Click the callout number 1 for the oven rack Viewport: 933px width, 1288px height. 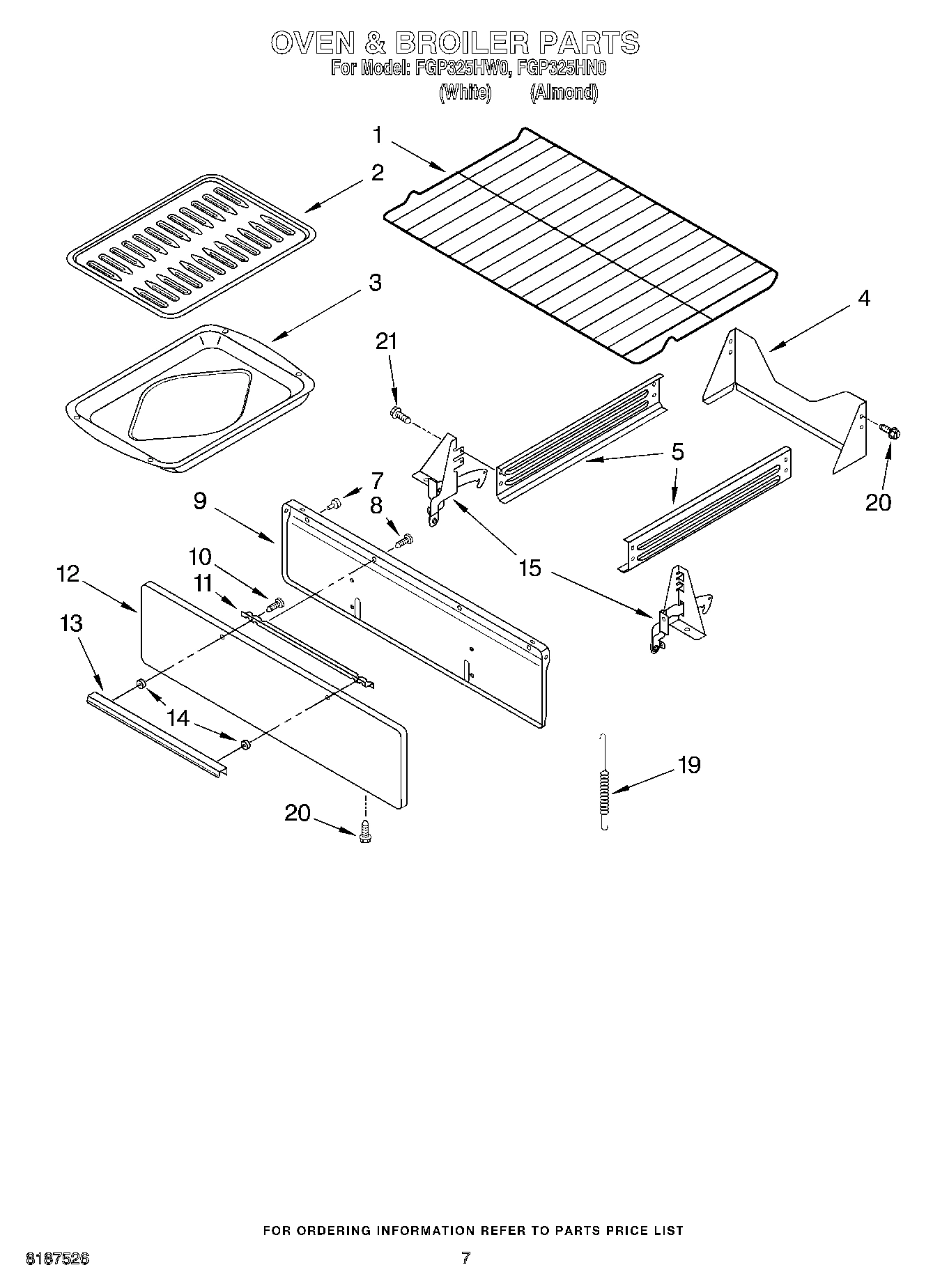pyautogui.click(x=377, y=134)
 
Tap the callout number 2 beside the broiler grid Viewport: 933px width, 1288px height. pyautogui.click(x=377, y=172)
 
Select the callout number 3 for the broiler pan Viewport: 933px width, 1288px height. pyautogui.click(x=375, y=283)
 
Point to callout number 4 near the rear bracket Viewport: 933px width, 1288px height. pyautogui.click(x=863, y=298)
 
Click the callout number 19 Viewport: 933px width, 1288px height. pyautogui.click(x=688, y=765)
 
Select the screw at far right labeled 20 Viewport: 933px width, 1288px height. pyautogui.click(x=890, y=432)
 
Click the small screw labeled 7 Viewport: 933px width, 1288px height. pyautogui.click(x=334, y=501)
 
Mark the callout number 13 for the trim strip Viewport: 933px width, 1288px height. pyautogui.click(x=71, y=623)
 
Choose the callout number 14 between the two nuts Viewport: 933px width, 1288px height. pyautogui.click(x=179, y=717)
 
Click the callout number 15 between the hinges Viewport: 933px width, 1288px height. pyautogui.click(x=530, y=568)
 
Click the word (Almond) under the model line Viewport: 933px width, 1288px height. pyautogui.click(x=564, y=92)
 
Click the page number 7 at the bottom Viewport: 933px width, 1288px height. pyautogui.click(x=465, y=1257)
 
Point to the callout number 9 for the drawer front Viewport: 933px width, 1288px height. pyautogui.click(x=200, y=500)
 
